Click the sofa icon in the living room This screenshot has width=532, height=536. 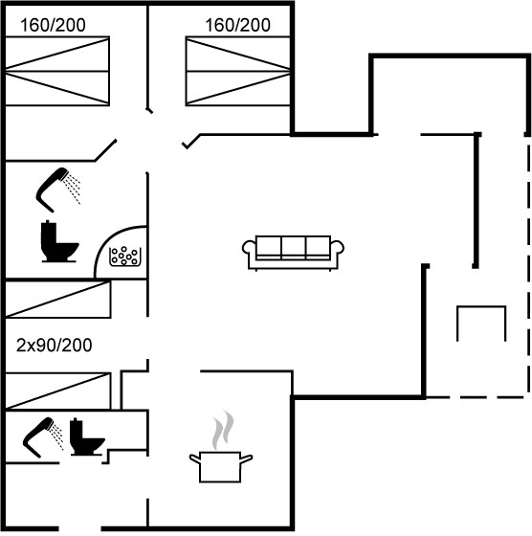(293, 253)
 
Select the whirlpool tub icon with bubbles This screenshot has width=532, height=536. (125, 257)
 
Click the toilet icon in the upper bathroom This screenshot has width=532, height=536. (59, 241)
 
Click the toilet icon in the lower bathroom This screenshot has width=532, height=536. (87, 436)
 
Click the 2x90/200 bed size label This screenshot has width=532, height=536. (54, 346)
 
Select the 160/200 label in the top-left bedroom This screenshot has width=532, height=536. (53, 25)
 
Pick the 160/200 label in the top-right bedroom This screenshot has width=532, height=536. (238, 25)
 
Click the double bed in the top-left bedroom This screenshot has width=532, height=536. (57, 71)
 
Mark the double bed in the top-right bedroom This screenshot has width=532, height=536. (238, 71)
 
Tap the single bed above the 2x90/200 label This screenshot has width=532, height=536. (57, 299)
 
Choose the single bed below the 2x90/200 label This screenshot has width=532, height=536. (57, 391)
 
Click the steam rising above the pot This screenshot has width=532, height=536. (223, 430)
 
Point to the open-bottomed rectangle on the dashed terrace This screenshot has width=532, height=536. (481, 307)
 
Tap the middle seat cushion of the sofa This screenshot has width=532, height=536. (294, 248)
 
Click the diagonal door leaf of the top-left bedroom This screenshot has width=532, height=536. (105, 150)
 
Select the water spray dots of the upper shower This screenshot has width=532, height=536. (74, 188)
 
